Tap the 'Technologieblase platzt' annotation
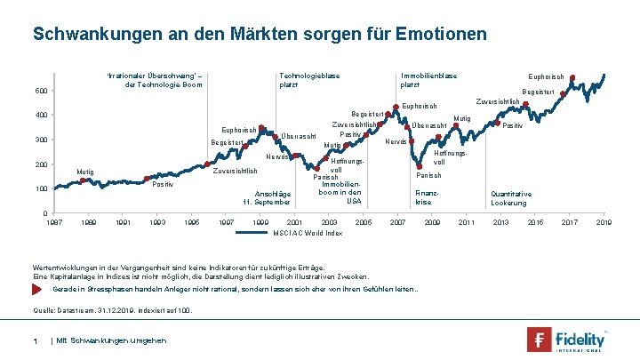click(x=309, y=80)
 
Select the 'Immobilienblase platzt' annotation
click(x=428, y=80)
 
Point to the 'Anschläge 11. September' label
click(x=273, y=197)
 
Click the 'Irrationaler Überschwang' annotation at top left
click(x=155, y=80)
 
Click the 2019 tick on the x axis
click(x=604, y=221)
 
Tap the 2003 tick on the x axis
click(x=329, y=221)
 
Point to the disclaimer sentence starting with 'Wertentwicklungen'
click(x=179, y=267)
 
